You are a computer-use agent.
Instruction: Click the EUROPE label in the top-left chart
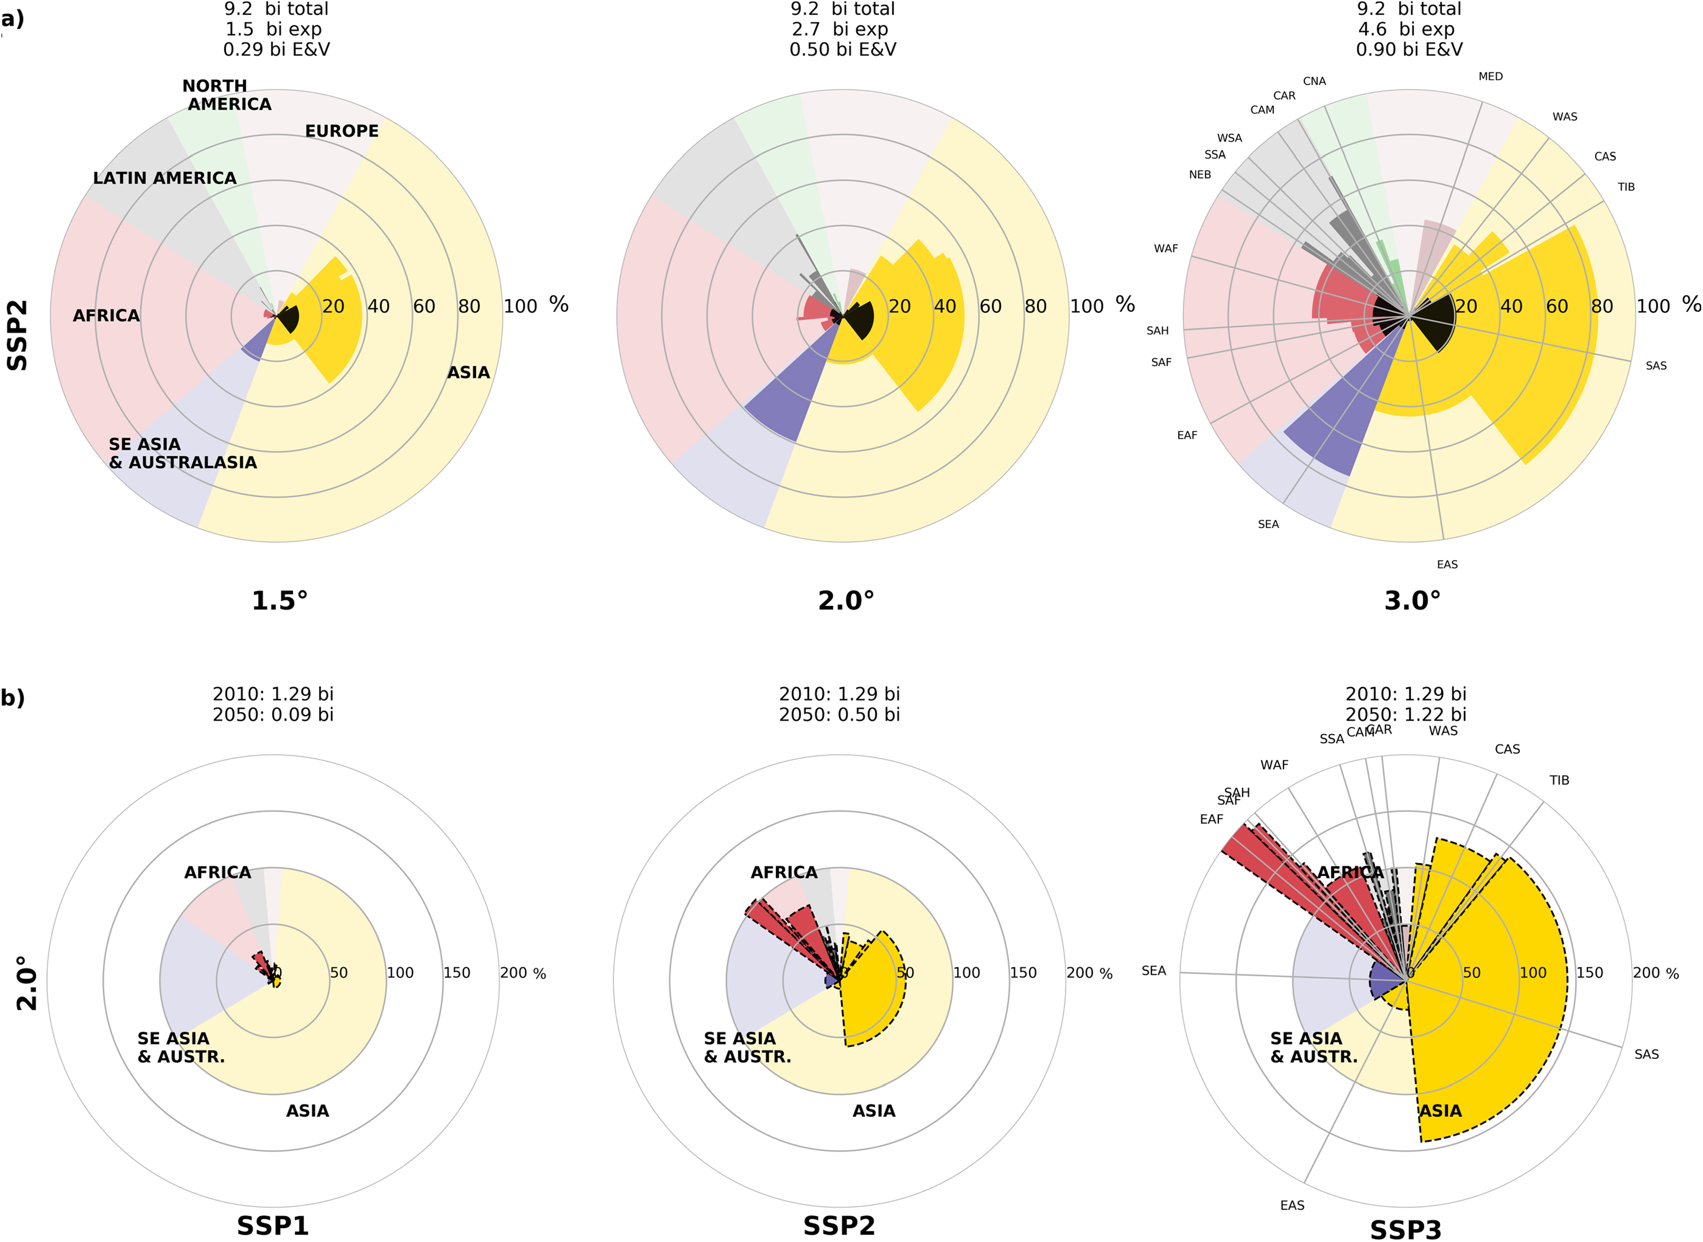coord(341,131)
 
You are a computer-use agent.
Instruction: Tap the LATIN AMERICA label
coord(165,178)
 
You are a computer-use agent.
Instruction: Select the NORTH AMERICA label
coord(226,95)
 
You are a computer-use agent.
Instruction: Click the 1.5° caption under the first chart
coord(280,601)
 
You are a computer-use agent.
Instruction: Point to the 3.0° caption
coord(1412,601)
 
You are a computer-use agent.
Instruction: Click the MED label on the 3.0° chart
coord(1490,77)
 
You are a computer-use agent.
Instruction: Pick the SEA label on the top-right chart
coord(1268,525)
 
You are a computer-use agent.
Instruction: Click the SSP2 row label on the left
coord(17,335)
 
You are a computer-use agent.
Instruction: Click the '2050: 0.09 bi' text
coord(273,714)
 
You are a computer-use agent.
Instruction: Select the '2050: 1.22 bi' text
coord(1406,714)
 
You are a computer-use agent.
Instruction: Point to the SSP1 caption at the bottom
coord(273,1226)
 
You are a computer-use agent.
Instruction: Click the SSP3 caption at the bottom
coord(1406,1228)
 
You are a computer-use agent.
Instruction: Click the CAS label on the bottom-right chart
coord(1507,749)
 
